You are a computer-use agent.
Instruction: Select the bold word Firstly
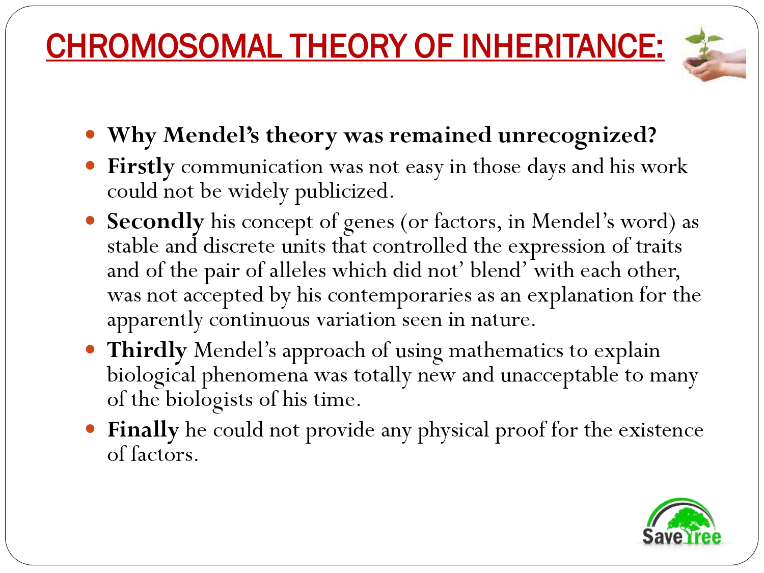pos(141,167)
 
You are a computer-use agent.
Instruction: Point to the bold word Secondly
pos(155,222)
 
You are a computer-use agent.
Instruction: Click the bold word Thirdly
pos(147,350)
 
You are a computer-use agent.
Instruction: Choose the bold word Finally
pos(143,430)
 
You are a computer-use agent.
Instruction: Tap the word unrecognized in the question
pos(577,135)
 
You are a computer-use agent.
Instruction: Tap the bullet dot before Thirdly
pos(91,349)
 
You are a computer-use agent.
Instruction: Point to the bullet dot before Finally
pos(91,429)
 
